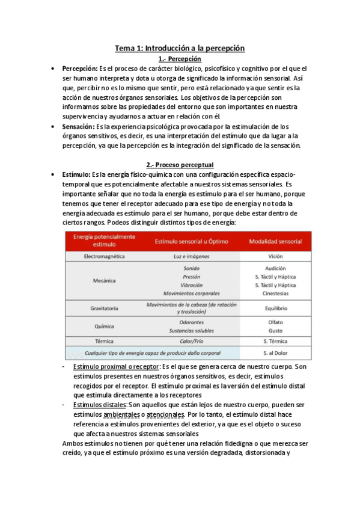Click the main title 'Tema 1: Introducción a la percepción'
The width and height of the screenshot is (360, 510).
[x=180, y=48]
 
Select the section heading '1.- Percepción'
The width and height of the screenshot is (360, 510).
[x=180, y=59]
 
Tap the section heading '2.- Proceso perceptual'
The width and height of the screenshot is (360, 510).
[x=180, y=164]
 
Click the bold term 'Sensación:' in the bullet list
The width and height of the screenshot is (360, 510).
[x=78, y=127]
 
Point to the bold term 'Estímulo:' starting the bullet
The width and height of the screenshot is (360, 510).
[x=77, y=174]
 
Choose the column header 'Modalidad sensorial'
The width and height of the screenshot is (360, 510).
[x=275, y=241]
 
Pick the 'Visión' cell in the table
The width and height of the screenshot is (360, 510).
[x=275, y=256]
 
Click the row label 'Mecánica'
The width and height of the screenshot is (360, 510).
[x=104, y=281]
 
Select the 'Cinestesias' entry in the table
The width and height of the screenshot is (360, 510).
[x=275, y=293]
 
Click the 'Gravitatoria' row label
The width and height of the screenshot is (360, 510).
[x=104, y=308]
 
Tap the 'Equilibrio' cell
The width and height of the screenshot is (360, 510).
[x=275, y=308]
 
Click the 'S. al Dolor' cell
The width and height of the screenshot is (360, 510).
[x=275, y=353]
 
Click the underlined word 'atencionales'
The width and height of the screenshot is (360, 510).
[x=165, y=414]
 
